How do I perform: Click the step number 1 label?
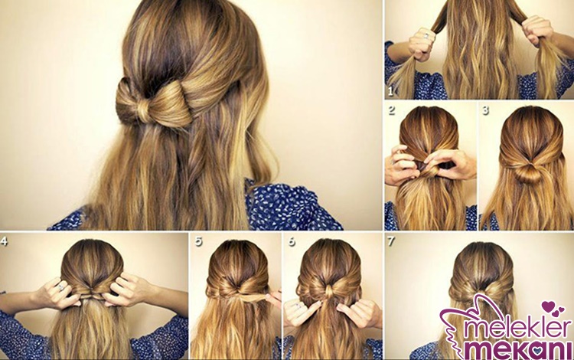(390, 92)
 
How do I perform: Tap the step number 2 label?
(391, 110)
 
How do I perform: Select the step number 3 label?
(485, 110)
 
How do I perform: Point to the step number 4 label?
(4, 241)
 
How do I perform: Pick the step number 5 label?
(198, 241)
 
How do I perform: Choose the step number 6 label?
(292, 241)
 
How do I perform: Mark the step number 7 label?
(391, 241)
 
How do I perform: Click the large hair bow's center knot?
(145, 106)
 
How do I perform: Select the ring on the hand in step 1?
(427, 36)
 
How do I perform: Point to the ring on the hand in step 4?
(60, 287)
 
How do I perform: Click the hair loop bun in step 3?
(528, 172)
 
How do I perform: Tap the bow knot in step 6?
(328, 291)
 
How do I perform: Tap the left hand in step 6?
(302, 311)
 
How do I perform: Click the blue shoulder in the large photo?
(289, 205)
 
